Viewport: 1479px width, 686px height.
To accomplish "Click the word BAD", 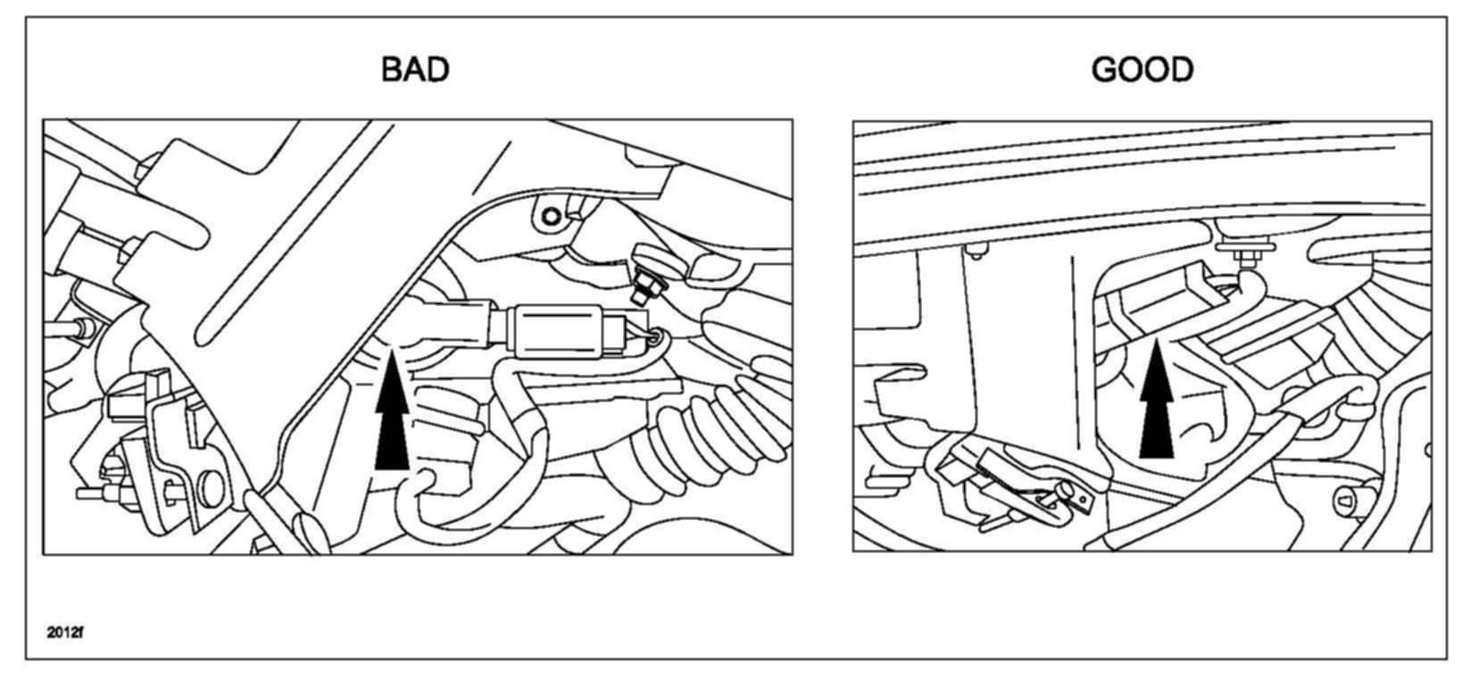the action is click(414, 70).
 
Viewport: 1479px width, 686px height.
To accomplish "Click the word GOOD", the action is click(1142, 70).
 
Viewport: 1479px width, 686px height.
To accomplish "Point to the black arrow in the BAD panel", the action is click(392, 414).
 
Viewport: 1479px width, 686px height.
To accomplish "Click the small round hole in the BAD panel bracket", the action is click(552, 216).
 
